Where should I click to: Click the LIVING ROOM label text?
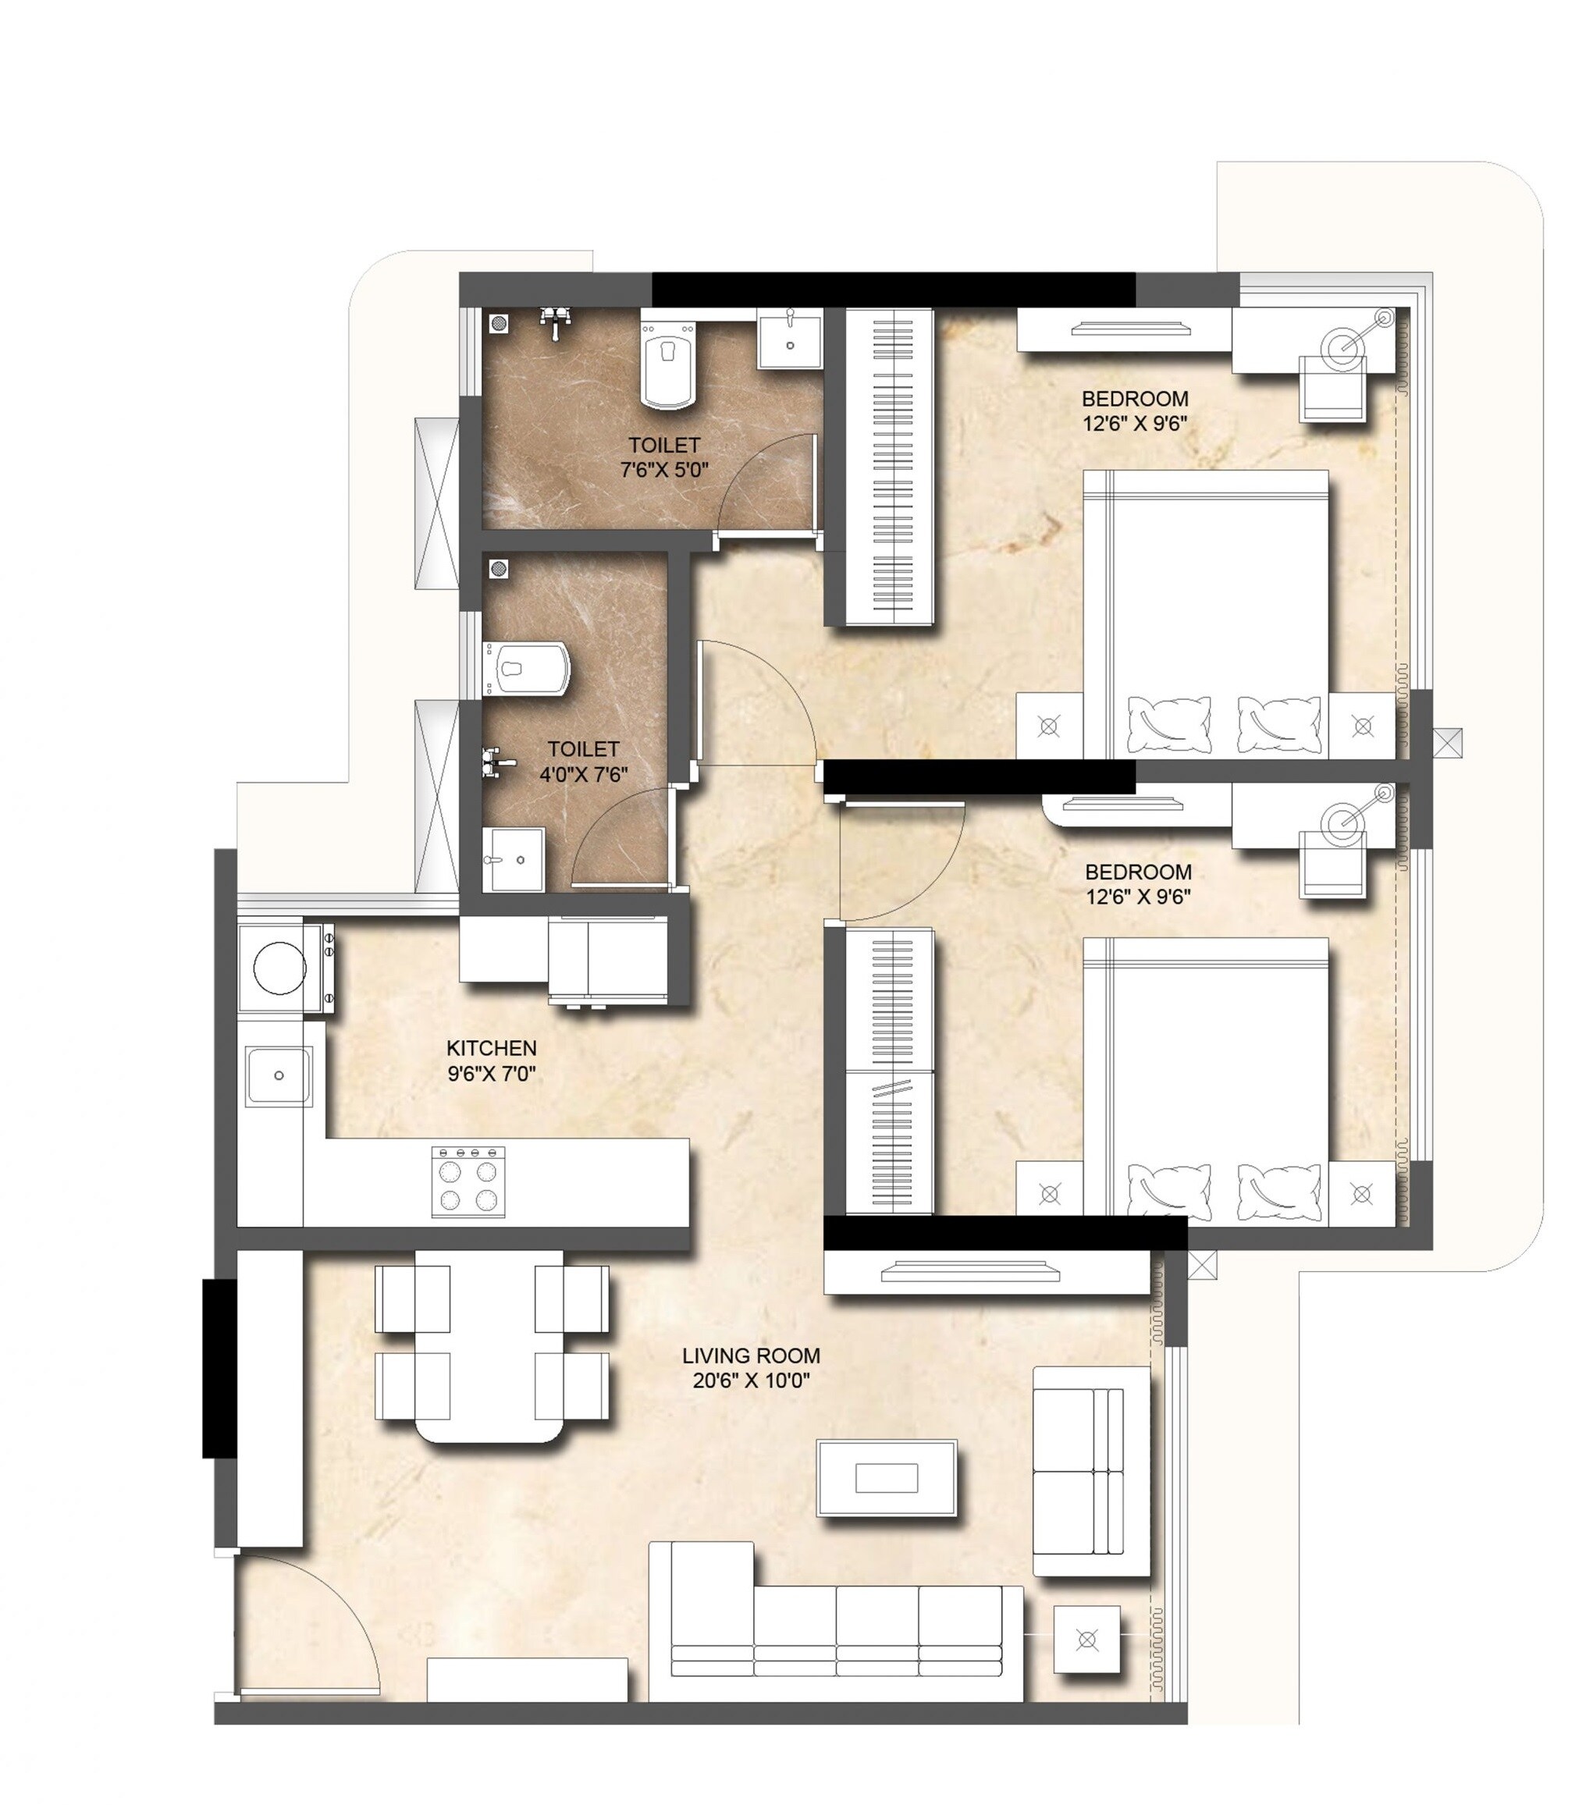pyautogui.click(x=751, y=1355)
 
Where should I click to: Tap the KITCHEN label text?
pyautogui.click(x=491, y=1047)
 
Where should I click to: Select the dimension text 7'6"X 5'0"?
pyautogui.click(x=664, y=470)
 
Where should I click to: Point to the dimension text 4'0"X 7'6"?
pyautogui.click(x=583, y=774)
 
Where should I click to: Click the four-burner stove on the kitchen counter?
pyautogui.click(x=468, y=1182)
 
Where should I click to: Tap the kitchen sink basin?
pyautogui.click(x=278, y=1075)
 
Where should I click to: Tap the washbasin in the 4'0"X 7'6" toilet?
pyautogui.click(x=512, y=859)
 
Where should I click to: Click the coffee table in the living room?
pyautogui.click(x=887, y=1477)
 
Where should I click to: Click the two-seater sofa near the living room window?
pyautogui.click(x=1090, y=1470)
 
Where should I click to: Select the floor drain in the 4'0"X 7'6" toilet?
pyautogui.click(x=499, y=569)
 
